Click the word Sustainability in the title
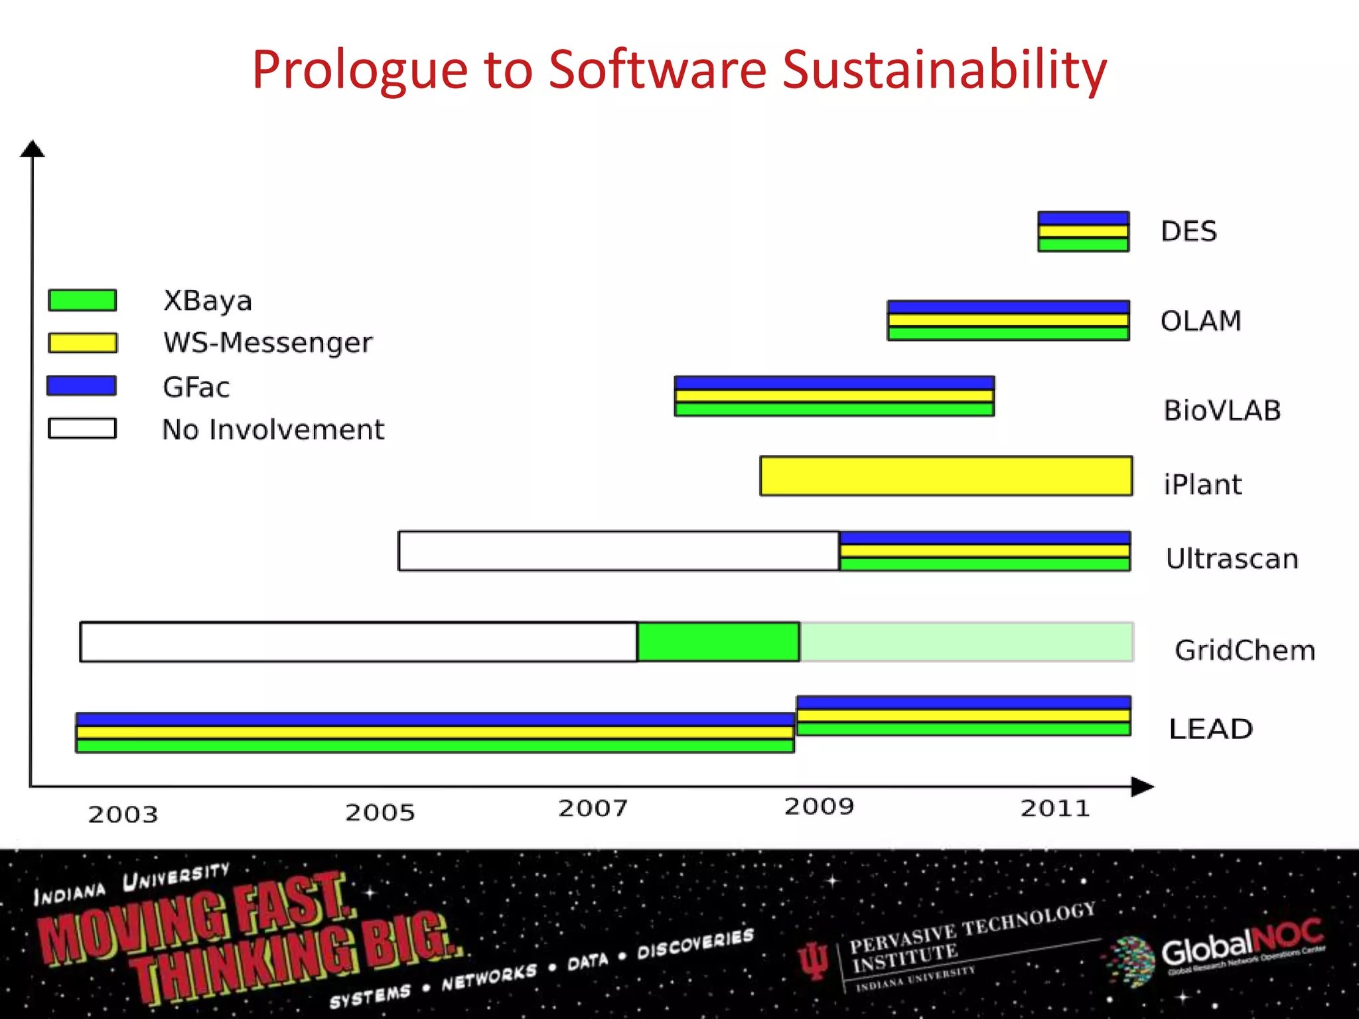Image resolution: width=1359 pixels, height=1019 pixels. [x=944, y=70]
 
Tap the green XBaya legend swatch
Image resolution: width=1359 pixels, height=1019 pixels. [x=82, y=300]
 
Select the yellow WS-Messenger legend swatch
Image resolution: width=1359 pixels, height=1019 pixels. [x=82, y=342]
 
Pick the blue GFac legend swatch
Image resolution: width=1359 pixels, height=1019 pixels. [x=82, y=385]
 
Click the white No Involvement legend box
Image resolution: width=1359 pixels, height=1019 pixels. [x=82, y=428]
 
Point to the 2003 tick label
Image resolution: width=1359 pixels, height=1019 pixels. [x=123, y=814]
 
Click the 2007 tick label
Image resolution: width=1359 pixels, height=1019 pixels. [x=593, y=808]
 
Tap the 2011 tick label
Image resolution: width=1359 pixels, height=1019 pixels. [x=1055, y=808]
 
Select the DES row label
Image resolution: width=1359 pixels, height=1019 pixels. [x=1188, y=232]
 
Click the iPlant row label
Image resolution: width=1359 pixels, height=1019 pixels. [x=1202, y=484]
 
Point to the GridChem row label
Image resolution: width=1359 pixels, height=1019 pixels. [x=1244, y=650]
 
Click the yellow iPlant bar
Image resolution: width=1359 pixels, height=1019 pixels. [x=946, y=476]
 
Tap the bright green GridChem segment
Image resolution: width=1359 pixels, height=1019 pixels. [x=718, y=642]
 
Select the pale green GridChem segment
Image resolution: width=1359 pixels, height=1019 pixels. [x=966, y=642]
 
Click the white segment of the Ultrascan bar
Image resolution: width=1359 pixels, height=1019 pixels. [x=618, y=551]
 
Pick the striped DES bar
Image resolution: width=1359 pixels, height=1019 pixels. [x=1083, y=232]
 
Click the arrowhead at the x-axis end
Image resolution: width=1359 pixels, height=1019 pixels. [x=1142, y=787]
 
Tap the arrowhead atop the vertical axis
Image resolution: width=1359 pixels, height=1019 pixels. [x=32, y=149]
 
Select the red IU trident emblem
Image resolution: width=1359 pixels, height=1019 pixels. [x=814, y=960]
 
